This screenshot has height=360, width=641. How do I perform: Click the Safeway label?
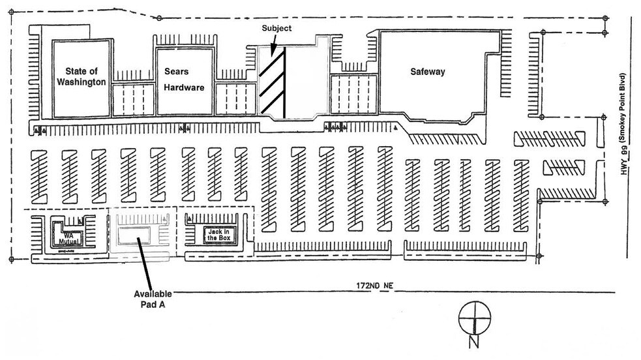427,72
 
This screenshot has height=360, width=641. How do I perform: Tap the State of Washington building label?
81,77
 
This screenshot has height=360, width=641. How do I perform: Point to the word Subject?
276,28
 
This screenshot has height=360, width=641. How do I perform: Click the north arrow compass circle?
473,318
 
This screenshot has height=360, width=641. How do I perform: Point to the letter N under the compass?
473,342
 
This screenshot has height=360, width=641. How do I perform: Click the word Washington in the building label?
81,83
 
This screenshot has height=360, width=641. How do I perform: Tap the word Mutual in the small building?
68,241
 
